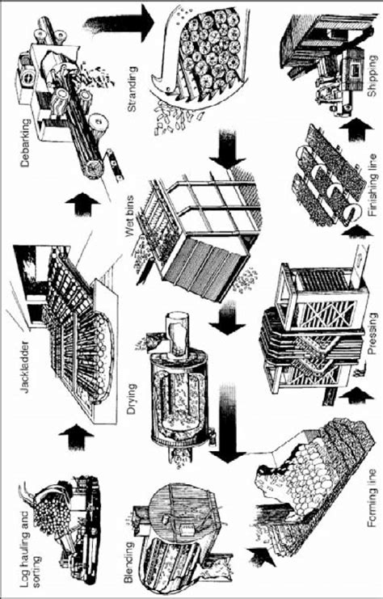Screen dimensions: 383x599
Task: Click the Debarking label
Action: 25,143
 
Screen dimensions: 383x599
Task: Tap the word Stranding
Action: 132,89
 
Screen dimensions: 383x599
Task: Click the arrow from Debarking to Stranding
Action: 119,23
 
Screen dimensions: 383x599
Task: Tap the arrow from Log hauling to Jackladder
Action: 76,436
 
